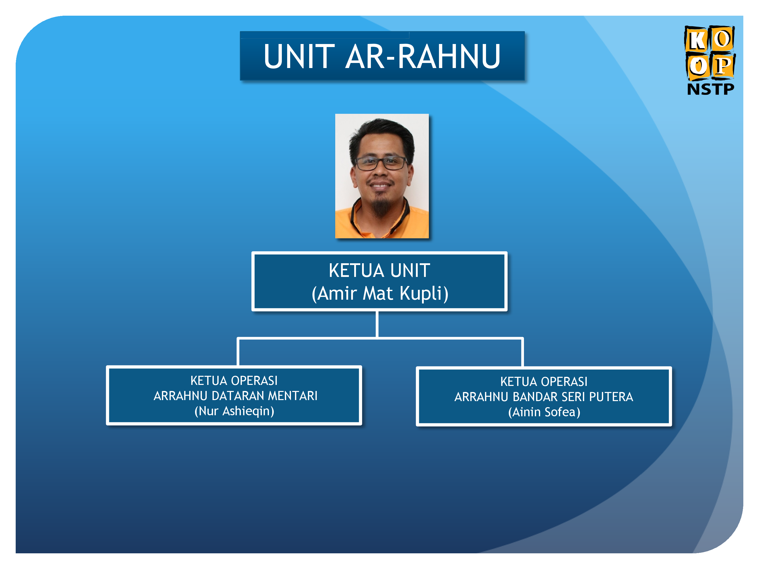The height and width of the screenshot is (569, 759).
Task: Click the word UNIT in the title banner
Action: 299,57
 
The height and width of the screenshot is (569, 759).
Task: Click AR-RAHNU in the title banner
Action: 423,57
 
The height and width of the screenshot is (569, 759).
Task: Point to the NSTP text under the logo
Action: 710,89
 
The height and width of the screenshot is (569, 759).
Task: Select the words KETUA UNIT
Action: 379,271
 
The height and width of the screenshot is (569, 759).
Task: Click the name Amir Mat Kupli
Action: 380,294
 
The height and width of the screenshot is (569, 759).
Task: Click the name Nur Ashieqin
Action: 234,411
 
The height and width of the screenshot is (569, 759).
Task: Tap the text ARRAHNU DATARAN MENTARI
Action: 235,396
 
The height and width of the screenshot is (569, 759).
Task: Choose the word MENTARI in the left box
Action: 293,396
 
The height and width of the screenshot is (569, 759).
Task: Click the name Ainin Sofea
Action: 544,412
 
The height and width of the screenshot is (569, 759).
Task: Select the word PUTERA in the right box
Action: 611,397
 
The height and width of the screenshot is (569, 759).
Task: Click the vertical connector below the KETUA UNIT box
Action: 377,324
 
